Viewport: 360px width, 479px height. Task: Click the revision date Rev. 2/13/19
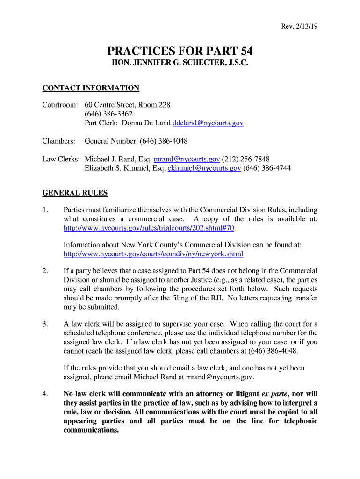[x=300, y=27]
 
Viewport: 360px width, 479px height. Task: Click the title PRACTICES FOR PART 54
[x=180, y=51]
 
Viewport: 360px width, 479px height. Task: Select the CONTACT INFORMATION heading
[x=91, y=88]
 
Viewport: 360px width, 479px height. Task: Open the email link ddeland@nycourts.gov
[x=208, y=123]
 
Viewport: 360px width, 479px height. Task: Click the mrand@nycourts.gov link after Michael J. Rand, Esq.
[x=187, y=159]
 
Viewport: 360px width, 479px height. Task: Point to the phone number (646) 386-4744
[x=267, y=168]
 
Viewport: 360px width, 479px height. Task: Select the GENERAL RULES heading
[x=75, y=193]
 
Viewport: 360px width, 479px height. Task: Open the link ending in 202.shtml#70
[x=149, y=228]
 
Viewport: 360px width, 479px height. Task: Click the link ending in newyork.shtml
[x=153, y=254]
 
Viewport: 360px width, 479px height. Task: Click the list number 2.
[x=45, y=271]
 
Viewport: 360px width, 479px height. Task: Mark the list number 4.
[x=45, y=394]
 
